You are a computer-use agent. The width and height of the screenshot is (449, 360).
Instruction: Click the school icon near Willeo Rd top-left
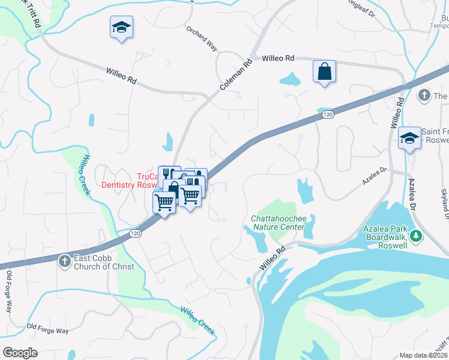121,28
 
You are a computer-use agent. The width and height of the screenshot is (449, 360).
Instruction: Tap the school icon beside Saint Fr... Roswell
409,139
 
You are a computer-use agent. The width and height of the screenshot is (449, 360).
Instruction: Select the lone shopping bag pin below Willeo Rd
324,72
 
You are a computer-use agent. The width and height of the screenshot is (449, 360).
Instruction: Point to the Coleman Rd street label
235,74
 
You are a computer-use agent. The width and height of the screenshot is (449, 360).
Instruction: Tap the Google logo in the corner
20,352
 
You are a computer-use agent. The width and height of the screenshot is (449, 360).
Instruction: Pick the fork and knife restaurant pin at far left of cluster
168,172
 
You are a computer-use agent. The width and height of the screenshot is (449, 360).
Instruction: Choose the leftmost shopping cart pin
164,202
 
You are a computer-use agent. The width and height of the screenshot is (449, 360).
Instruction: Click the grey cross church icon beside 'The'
424,95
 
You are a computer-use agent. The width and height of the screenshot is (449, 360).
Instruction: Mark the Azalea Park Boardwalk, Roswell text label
385,237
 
